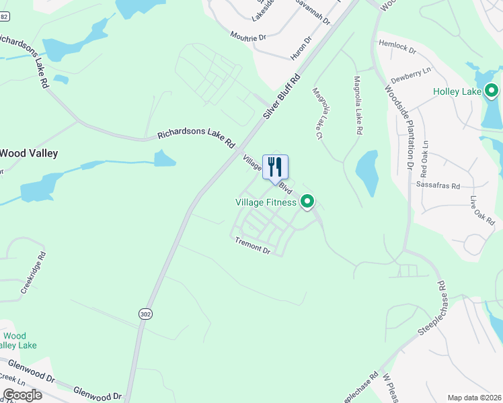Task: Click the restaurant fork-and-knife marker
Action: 275,167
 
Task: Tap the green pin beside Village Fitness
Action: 308,201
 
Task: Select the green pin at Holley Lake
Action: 492,90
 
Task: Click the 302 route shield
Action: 145,314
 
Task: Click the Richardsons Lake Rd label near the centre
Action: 196,138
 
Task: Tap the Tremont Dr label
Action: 252,246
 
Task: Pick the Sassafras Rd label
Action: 438,185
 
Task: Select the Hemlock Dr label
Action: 397,46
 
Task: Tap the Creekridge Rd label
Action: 33,273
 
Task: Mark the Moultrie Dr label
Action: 248,36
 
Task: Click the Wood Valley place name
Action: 28,153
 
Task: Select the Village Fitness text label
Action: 266,202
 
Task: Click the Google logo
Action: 22,395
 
